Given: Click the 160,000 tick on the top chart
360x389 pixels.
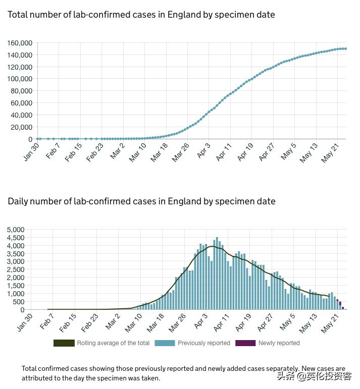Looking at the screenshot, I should coord(20,43).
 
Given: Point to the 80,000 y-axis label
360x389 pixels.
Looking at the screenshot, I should coord(22,91).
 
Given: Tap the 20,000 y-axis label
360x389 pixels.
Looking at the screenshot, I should coord(22,127).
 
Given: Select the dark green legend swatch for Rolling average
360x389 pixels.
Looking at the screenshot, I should coord(64,343).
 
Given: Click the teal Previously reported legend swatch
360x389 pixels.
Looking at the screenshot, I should coord(165,343).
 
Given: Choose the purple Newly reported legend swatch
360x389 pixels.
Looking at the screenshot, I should coord(245,343).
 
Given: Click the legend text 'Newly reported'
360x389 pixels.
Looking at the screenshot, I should coord(279,343).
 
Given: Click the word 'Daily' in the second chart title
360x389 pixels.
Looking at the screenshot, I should coord(18,201).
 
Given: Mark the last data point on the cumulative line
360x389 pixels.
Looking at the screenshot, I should coord(345,48).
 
